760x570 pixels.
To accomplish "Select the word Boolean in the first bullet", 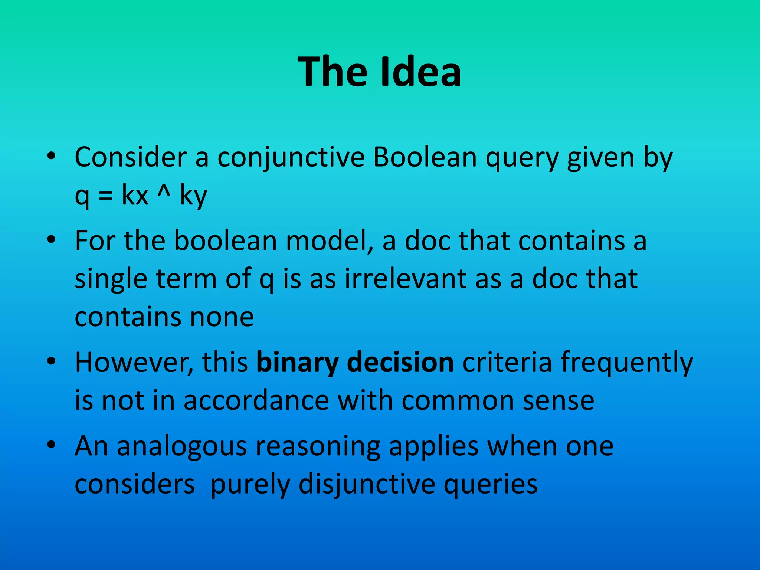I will (425, 157).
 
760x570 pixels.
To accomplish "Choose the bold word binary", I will (297, 363).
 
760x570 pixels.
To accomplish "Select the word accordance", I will (256, 400).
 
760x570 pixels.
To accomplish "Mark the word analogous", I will (182, 447).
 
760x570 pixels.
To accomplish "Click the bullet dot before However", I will (52, 360).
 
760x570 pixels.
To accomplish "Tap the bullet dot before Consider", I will (52, 155).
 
